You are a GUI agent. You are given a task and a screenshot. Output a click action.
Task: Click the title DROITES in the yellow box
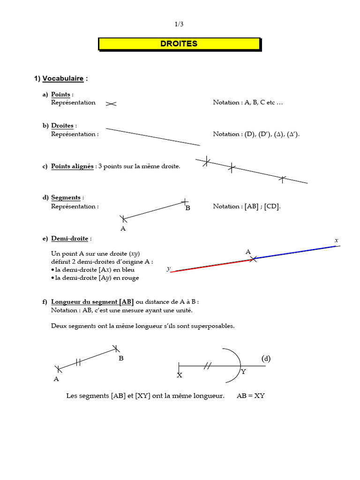coord(179,44)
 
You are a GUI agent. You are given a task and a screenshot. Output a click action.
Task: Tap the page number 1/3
coord(180,24)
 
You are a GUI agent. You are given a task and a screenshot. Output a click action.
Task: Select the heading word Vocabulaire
coord(63,79)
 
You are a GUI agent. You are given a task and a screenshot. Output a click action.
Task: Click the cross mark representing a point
coord(111,104)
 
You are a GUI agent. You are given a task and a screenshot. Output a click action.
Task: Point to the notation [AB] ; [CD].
coord(261,206)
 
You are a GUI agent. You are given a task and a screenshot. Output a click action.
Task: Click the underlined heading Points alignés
coord(72,166)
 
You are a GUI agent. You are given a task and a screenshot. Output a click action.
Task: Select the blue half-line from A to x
coord(295,252)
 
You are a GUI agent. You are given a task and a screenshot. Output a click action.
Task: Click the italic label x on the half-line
coord(336,240)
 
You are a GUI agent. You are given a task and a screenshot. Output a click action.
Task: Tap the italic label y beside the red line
coord(168,269)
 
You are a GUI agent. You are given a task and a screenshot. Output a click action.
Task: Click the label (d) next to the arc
coord(266,359)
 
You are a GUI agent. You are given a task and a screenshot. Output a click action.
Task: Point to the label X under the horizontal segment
coord(180,375)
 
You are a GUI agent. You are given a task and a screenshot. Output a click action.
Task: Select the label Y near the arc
coord(243,372)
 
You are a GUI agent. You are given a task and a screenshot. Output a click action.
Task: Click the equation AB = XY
coord(251,396)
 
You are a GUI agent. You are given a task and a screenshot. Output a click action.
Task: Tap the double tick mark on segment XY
coord(207,366)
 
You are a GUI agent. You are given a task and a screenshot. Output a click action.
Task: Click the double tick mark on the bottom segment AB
coord(79,361)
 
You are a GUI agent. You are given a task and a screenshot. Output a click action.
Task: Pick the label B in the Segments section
coord(187,208)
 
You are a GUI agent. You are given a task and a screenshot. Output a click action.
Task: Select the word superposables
coord(214,326)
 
